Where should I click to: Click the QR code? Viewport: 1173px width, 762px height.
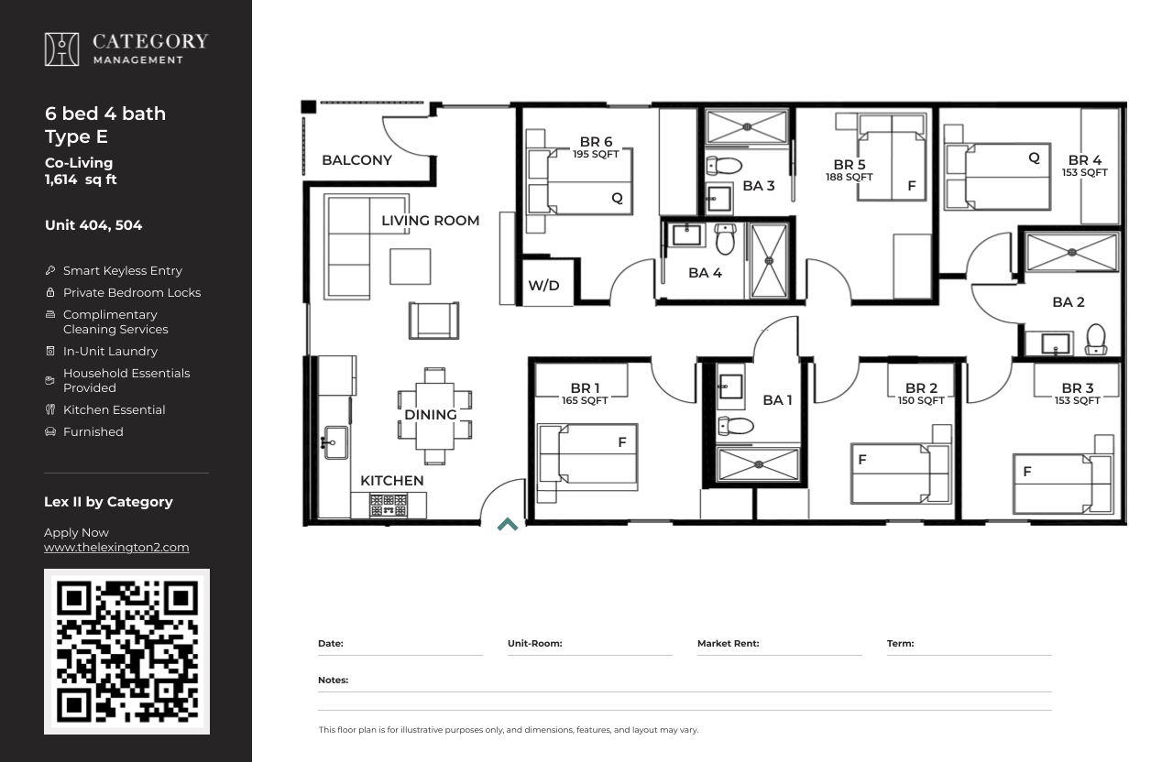tap(126, 651)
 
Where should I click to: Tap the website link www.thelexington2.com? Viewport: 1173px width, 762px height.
tap(116, 548)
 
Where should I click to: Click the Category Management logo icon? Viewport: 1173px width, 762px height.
tap(61, 49)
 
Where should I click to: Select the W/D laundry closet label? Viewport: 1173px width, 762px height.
tap(543, 285)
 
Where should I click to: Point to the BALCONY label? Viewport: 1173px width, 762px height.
tap(356, 160)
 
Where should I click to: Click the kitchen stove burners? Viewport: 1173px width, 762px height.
tap(388, 506)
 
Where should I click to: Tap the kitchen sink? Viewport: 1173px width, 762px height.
tap(335, 442)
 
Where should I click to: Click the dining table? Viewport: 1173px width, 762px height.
tap(434, 416)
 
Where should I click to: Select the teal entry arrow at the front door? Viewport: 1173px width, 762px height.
tap(508, 525)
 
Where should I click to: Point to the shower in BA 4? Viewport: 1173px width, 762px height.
tap(769, 261)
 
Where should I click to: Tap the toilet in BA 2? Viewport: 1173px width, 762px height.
tap(1096, 339)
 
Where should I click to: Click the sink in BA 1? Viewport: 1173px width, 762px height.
tap(730, 387)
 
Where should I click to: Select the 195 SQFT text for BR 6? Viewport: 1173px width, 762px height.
tap(596, 155)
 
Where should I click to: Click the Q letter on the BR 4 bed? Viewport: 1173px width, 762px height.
tap(1034, 158)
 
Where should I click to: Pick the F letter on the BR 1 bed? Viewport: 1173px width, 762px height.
tap(622, 442)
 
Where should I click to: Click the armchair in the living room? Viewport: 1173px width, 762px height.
tap(433, 321)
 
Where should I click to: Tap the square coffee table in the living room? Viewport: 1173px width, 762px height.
tap(410, 267)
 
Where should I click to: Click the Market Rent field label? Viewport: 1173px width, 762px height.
tap(728, 643)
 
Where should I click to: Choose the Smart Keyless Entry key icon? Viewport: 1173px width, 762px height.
tap(50, 270)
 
